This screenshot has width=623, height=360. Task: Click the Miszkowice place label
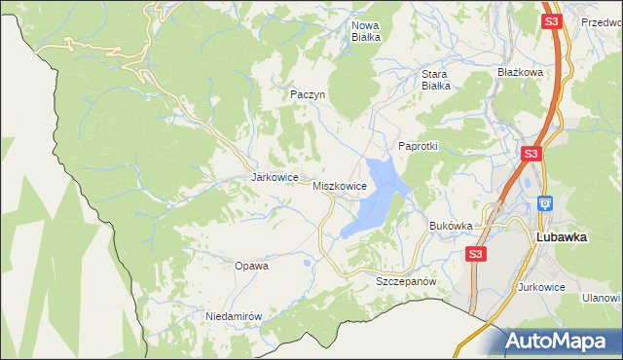click(x=339, y=185)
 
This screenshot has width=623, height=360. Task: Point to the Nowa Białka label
click(x=366, y=31)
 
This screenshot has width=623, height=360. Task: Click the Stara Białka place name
click(x=435, y=79)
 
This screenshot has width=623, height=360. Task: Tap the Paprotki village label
click(x=419, y=146)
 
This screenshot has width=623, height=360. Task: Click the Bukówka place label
click(x=451, y=226)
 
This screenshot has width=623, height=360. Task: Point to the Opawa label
click(x=251, y=265)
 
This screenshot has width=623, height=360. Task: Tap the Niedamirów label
click(x=235, y=316)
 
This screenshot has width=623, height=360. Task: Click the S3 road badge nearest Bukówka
click(x=474, y=254)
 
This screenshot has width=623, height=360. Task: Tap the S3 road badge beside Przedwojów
click(x=552, y=21)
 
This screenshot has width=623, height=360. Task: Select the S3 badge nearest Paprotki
click(x=531, y=154)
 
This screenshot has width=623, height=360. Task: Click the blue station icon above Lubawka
click(x=544, y=204)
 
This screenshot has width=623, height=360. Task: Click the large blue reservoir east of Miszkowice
click(x=375, y=199)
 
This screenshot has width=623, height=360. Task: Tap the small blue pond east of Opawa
click(x=308, y=262)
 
